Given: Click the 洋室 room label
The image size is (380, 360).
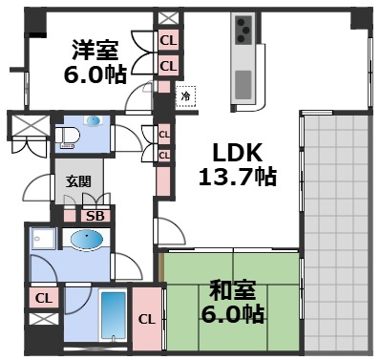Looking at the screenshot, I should coord(93,49).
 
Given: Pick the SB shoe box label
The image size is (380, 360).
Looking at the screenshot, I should coord(95,216).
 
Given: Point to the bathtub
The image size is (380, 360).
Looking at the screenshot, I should coord(113,317).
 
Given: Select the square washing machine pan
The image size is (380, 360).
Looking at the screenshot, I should coord(44,240).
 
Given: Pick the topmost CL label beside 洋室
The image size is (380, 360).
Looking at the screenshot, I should coord(168,40).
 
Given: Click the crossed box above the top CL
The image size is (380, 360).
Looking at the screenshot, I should coord(168,17).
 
